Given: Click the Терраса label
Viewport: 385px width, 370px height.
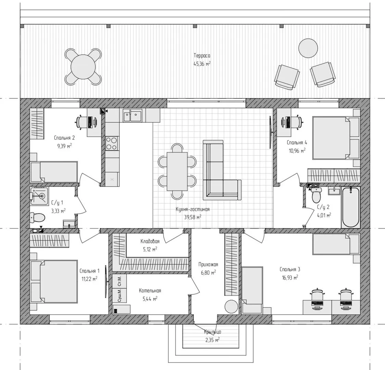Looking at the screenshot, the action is coord(202,56).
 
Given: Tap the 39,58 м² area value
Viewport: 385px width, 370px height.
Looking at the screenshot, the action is coord(193,217).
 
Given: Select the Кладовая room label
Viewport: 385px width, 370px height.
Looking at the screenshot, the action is coord(150,241).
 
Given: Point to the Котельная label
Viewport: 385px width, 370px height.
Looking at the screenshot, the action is coord(150,291).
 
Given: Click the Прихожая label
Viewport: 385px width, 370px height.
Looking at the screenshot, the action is coord(208,264).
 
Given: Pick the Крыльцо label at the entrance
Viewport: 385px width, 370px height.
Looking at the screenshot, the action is coord(213,332).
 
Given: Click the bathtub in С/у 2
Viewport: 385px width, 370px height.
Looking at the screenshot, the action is coord(350,207).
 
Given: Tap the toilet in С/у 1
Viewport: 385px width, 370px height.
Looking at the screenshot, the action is coord(38,217).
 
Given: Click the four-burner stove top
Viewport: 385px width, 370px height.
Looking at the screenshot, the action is coord(112,143).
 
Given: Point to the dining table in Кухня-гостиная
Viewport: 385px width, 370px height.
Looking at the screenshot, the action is coord(177,171).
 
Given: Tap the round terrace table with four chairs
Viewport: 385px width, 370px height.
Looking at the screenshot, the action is coord(83,67).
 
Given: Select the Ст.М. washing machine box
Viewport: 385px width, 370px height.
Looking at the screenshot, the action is coord(119,281).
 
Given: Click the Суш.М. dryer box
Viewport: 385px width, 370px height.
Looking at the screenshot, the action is coord(119,295).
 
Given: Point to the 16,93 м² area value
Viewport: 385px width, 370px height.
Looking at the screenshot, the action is coord(290,277).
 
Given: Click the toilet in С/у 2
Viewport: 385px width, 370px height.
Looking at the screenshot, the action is coord(316,195).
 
